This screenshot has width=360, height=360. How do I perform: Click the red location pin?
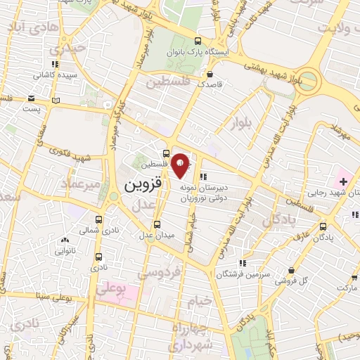coord(181,165)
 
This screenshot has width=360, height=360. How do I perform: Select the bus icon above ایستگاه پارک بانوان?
coord(198,41)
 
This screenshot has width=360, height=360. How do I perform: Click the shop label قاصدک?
coord(210,84)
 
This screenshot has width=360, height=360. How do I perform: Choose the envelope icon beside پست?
coord(32,99)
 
